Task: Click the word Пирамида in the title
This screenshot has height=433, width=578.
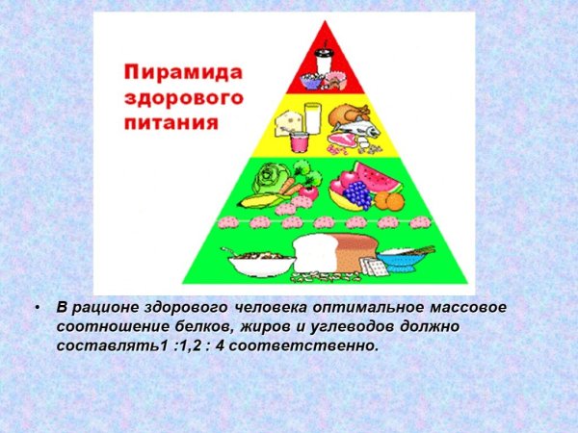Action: (183, 73)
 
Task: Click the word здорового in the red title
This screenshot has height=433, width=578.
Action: (183, 98)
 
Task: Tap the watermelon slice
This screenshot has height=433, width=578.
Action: (366, 177)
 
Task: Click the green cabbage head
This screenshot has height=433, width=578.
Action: (268, 180)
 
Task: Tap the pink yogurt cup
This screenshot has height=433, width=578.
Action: (299, 141)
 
